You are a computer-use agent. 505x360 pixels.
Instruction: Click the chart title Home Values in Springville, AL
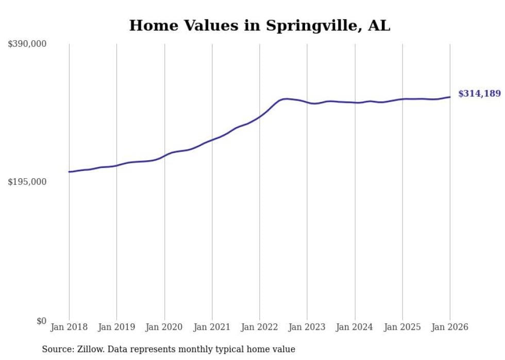click(x=259, y=25)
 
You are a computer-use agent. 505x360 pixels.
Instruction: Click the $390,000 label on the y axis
click(x=27, y=44)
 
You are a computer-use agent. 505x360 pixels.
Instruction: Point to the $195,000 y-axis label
click(x=27, y=182)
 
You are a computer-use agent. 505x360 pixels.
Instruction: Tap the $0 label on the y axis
click(x=41, y=321)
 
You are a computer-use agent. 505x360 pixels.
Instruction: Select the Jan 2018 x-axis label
click(x=69, y=327)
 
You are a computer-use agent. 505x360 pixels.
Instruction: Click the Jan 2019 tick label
click(x=116, y=327)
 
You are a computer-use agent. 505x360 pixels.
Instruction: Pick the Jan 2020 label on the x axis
click(x=164, y=327)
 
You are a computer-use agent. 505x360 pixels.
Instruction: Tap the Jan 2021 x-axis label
click(x=212, y=327)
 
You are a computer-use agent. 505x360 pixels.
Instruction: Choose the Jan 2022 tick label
click(x=260, y=327)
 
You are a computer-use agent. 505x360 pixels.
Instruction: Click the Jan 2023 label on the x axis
click(x=307, y=327)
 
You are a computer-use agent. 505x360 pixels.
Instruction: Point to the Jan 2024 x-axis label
click(x=355, y=327)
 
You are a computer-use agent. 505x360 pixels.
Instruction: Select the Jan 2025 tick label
click(x=402, y=327)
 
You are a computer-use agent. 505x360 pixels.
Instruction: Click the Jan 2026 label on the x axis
click(x=450, y=327)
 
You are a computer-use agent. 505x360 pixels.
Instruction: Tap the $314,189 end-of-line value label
click(x=479, y=94)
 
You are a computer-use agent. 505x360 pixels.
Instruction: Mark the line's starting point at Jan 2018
click(x=69, y=172)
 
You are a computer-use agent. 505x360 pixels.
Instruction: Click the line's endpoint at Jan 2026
click(x=450, y=97)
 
